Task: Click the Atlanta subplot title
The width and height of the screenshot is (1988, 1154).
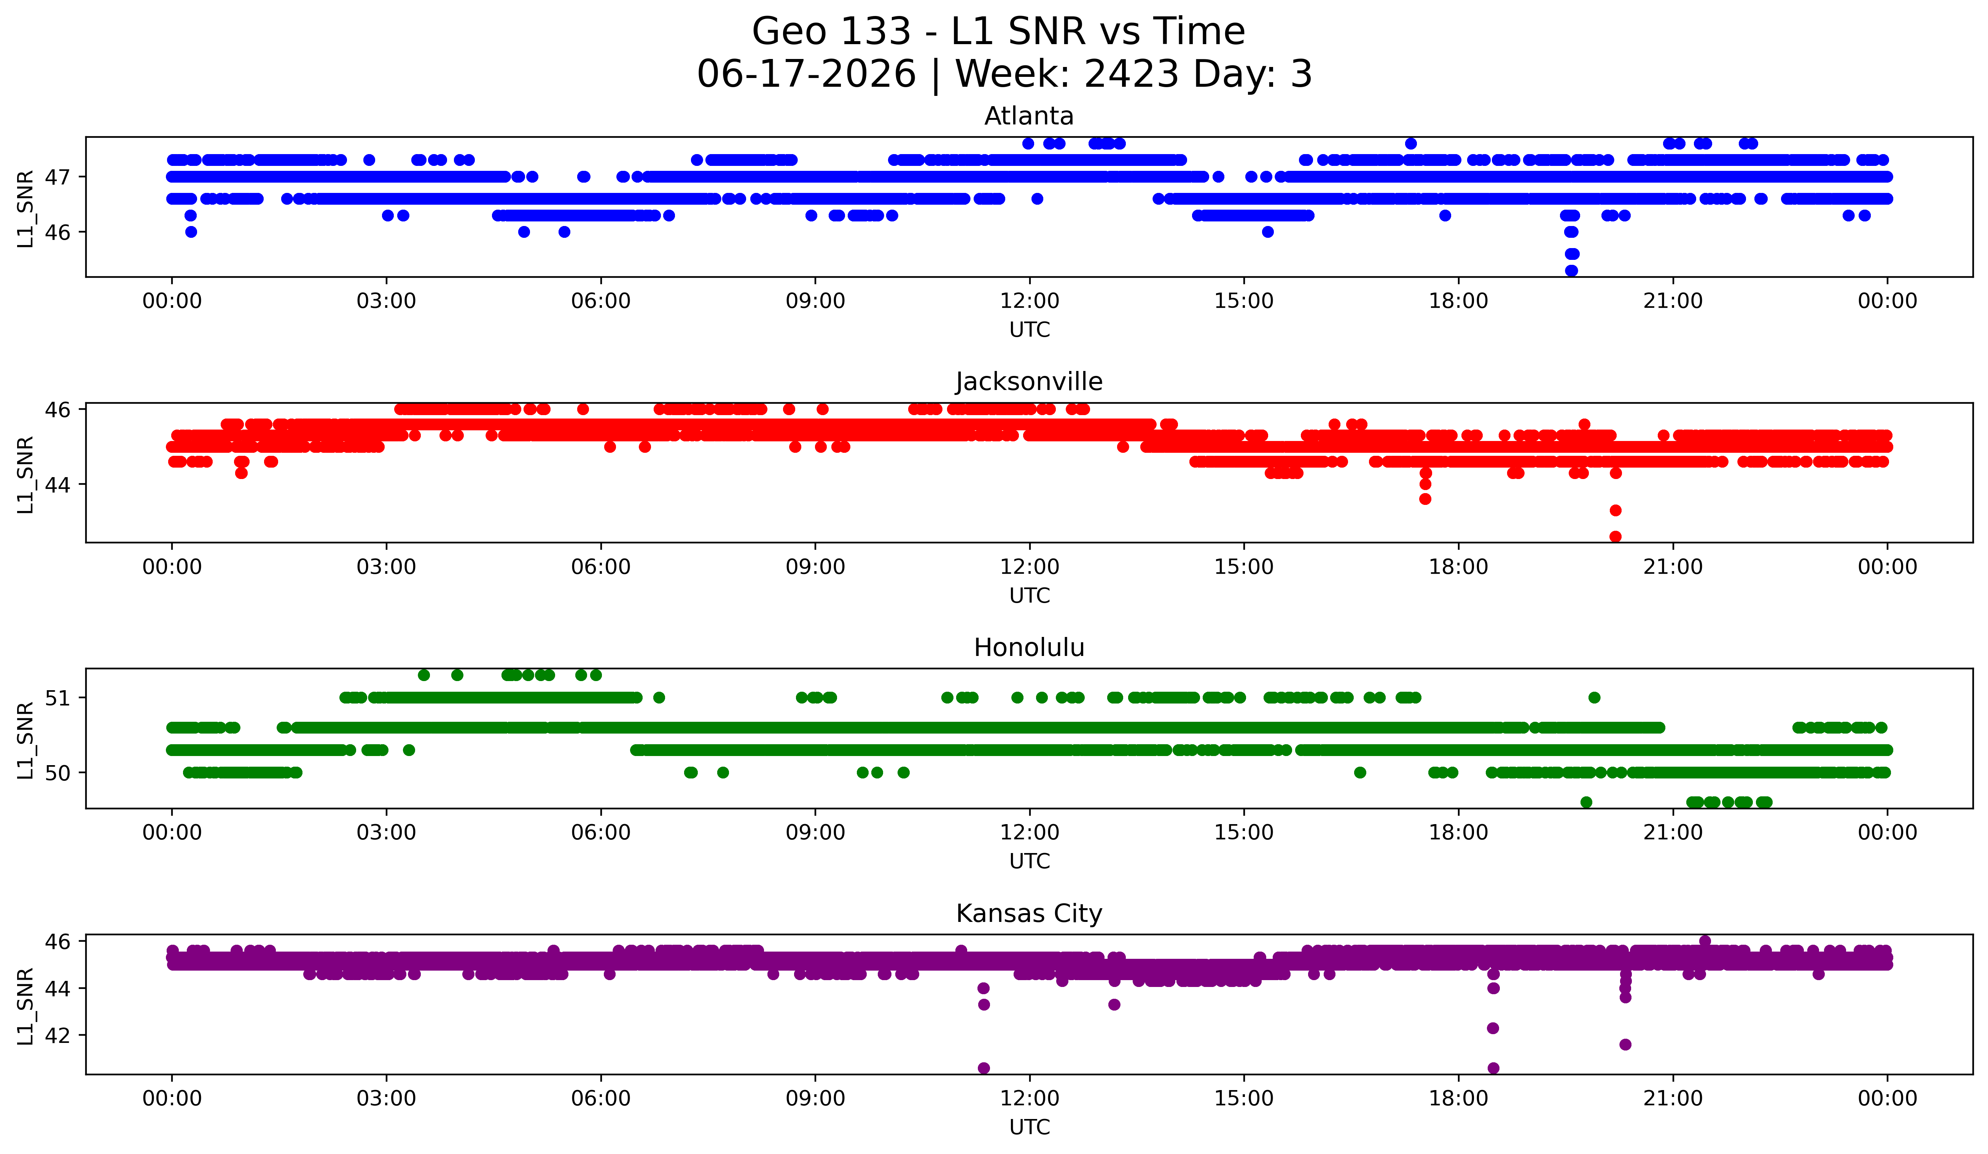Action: tap(1029, 116)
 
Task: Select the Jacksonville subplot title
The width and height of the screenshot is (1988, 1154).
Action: tap(1029, 382)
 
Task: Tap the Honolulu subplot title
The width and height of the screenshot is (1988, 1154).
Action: tap(1029, 648)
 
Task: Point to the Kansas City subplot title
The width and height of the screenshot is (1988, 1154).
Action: tap(1029, 914)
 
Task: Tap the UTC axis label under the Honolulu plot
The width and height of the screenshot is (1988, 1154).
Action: tap(1030, 861)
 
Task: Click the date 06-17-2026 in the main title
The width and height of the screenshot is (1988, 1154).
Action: tap(806, 74)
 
